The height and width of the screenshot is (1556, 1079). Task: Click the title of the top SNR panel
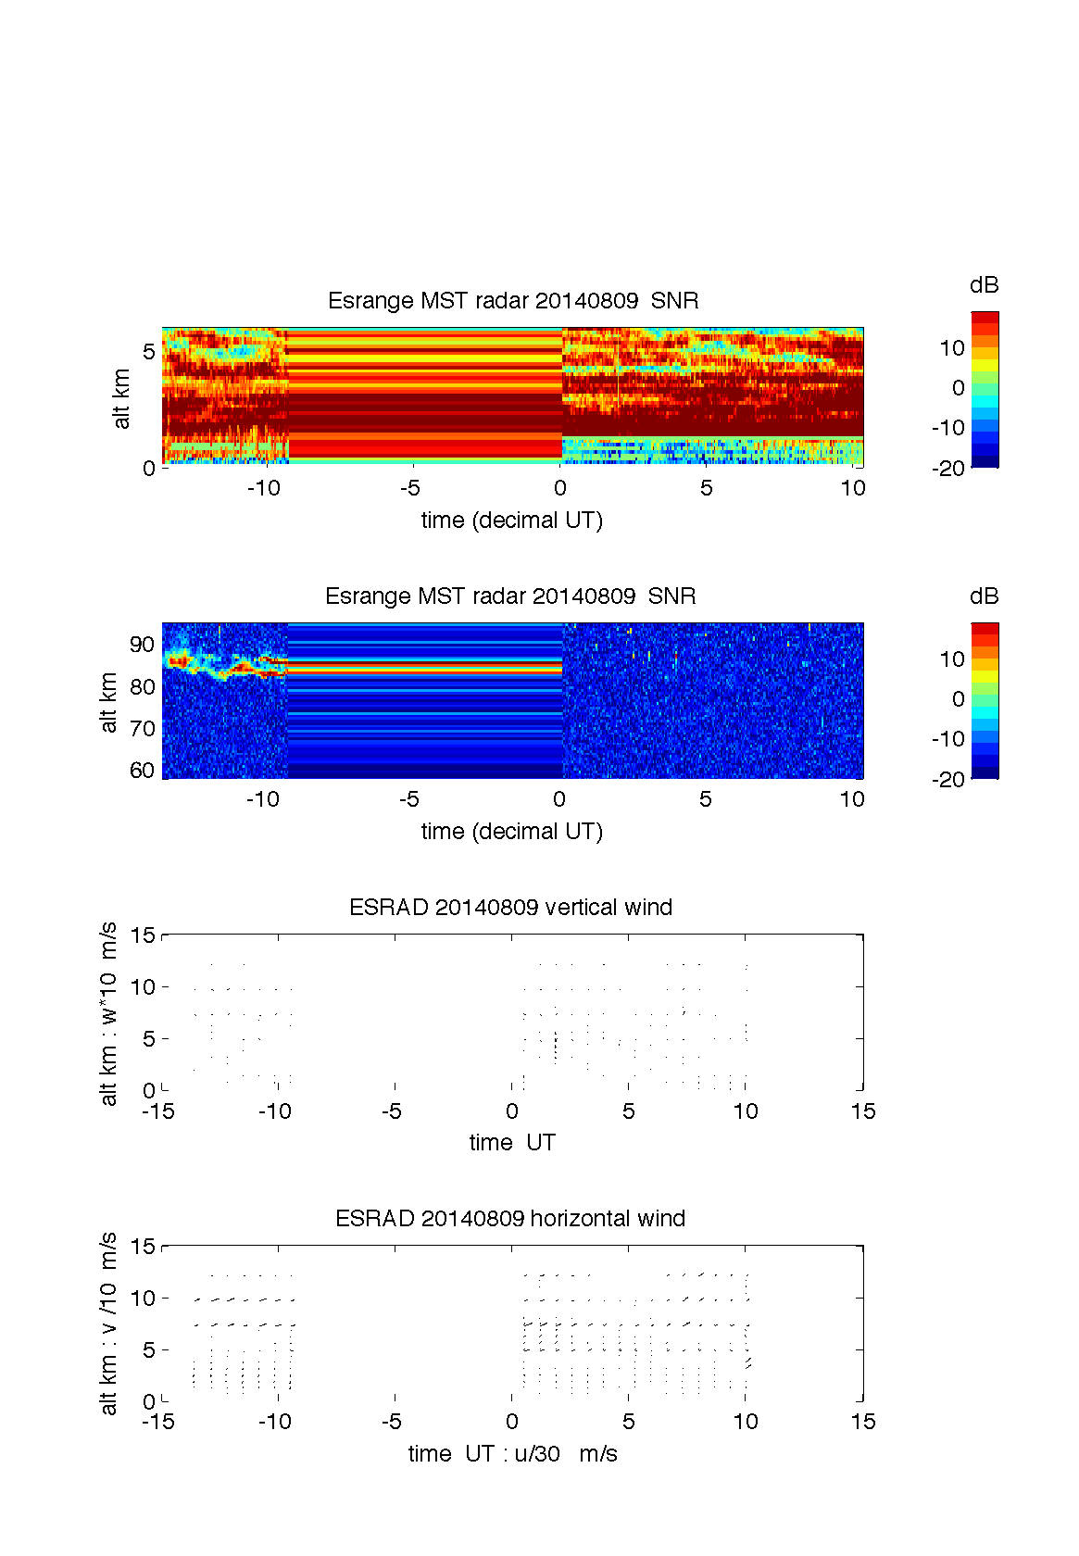pos(513,301)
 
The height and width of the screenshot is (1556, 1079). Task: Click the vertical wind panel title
pos(510,908)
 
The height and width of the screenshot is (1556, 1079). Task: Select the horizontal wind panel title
pos(510,1219)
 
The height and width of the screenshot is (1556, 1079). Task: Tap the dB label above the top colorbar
pos(984,285)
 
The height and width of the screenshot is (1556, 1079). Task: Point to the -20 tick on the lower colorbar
pos(948,780)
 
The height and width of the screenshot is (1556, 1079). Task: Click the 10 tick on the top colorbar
pos(952,348)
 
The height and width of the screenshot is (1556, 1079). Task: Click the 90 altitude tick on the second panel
pos(143,645)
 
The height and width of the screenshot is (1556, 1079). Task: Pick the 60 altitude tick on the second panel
pos(143,771)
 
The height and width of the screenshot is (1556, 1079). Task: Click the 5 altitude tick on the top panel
pos(148,352)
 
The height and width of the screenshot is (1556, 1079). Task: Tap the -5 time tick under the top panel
pos(410,488)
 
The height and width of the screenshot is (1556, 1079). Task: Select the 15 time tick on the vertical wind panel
pos(862,1111)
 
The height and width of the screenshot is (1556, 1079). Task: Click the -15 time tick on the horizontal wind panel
pos(158,1422)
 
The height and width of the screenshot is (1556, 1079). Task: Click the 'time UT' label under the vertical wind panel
pos(512,1143)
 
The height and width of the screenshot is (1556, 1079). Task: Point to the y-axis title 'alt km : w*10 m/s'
pos(108,1013)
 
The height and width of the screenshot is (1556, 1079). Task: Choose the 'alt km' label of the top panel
pos(121,399)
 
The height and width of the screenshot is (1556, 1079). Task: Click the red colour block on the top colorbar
pos(985,318)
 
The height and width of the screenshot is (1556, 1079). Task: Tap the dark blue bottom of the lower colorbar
pos(985,773)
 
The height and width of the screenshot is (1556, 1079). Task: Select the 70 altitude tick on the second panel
pos(143,729)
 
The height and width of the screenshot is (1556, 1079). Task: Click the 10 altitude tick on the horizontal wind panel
pos(144,1299)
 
